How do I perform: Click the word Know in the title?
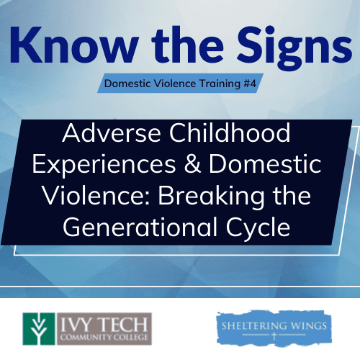[74, 45]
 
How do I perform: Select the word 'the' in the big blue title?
[188, 45]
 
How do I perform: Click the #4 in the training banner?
[250, 84]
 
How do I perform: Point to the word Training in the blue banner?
[220, 84]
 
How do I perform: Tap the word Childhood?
[230, 132]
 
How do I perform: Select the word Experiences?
[104, 165]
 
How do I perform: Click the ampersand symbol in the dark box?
[192, 163]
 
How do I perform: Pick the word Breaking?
[211, 197]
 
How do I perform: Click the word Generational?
[140, 227]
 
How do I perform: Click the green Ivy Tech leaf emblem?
[39, 329]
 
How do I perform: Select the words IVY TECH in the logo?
[104, 325]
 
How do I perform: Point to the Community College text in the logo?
[104, 337]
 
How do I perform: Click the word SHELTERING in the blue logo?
[254, 326]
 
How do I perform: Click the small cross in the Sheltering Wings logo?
[274, 336]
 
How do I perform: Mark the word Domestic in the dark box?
[265, 164]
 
